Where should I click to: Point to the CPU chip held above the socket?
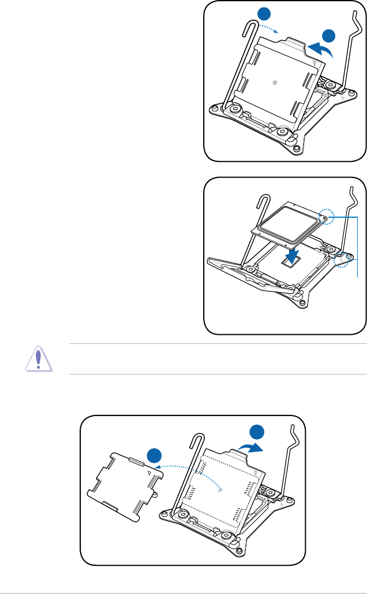tap(287, 225)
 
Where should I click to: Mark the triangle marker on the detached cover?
tap(149, 471)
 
